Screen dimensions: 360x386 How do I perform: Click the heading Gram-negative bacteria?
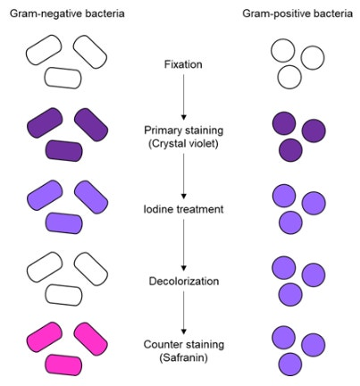[x=67, y=13]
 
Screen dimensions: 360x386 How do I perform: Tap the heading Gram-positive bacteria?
[x=297, y=13]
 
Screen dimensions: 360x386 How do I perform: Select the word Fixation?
[x=183, y=64]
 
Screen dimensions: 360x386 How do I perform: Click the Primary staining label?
[x=184, y=130]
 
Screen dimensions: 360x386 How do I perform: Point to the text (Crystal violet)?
[x=183, y=144]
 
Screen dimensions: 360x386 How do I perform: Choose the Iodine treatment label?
[x=183, y=209]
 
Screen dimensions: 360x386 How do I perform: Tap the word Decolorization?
[x=184, y=281]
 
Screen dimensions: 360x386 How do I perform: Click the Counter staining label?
[x=184, y=344]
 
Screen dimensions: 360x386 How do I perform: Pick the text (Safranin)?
[x=183, y=357]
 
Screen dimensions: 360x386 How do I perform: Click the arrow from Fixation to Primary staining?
[x=183, y=96]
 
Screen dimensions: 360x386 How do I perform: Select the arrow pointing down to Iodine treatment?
[x=183, y=176]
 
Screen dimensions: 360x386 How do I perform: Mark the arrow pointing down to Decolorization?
[x=183, y=245]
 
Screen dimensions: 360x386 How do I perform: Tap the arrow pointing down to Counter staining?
[x=183, y=313]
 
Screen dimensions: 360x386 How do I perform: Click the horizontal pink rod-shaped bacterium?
[x=63, y=365]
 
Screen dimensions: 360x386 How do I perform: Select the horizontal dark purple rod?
[x=63, y=151]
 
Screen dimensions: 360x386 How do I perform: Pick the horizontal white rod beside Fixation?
[x=63, y=78]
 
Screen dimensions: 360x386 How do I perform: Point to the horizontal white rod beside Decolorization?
[x=63, y=295]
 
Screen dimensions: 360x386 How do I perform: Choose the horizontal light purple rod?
[x=63, y=223]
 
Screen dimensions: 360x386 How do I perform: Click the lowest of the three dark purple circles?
[x=290, y=150]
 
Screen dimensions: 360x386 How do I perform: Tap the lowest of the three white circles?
[x=289, y=77]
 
